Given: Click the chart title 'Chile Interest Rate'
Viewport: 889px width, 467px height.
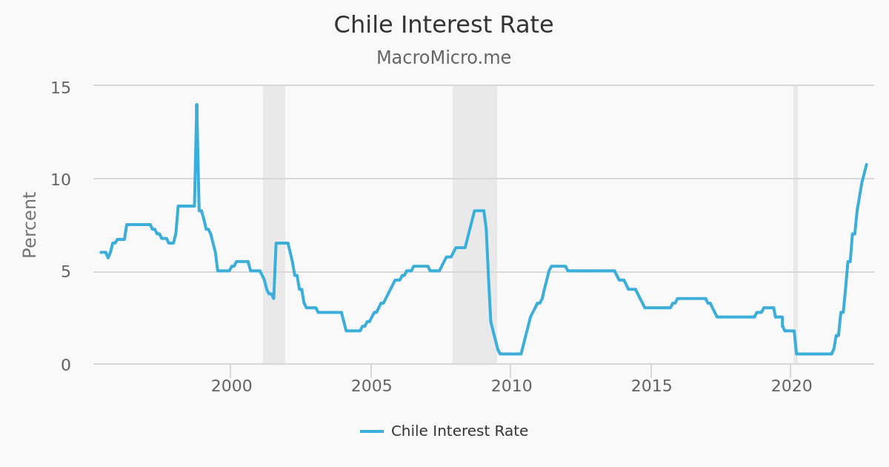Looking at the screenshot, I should coord(444,25).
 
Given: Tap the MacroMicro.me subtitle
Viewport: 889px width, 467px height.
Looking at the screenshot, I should coord(444,58).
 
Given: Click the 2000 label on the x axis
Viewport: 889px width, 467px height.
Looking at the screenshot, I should coord(230,386).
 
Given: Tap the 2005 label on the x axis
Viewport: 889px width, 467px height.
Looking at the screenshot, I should coord(370,386).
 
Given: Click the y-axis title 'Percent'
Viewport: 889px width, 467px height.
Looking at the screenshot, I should coord(30,225).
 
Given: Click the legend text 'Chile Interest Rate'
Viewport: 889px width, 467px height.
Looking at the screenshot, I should coord(459,431).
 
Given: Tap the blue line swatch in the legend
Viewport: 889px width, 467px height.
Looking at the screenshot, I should coord(372,431).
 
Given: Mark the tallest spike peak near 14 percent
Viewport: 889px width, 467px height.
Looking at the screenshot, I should coord(196,105).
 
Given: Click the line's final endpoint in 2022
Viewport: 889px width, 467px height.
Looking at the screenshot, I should coord(866,165).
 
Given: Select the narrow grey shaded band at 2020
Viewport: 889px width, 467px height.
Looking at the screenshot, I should coord(796,222).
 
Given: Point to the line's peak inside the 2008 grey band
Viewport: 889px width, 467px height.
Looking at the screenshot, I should coord(479,211).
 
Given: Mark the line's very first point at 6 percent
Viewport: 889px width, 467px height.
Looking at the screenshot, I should coord(101,252).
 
